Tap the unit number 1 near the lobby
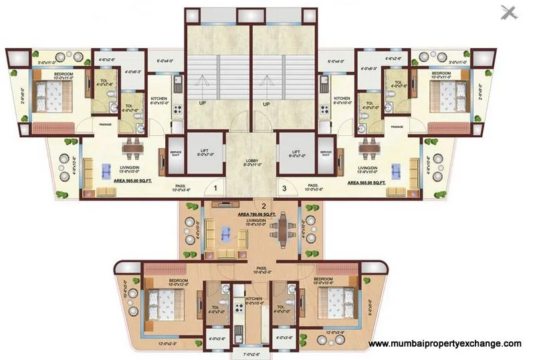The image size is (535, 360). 216,189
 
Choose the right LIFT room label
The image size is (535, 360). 298,153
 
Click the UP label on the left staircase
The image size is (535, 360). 201,104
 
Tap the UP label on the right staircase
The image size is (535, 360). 265,104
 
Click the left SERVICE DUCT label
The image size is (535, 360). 175,153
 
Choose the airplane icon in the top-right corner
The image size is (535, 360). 510,12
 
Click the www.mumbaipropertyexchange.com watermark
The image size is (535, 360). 445,343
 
